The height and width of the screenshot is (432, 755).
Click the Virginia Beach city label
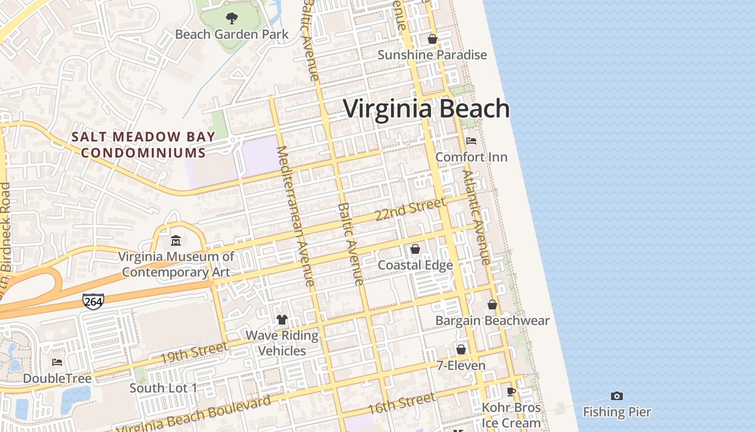(426, 109)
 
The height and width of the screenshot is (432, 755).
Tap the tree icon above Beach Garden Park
(232, 18)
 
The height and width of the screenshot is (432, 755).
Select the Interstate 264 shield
(93, 301)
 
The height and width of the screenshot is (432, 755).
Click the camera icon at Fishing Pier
(617, 396)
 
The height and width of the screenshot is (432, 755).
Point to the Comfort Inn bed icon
(471, 141)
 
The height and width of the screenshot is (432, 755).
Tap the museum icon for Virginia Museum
(176, 240)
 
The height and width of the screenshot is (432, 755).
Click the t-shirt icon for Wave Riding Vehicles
(282, 319)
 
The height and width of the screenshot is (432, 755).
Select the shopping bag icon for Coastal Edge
(415, 249)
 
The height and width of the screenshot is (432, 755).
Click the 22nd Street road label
(410, 209)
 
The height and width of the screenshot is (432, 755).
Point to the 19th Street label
(194, 353)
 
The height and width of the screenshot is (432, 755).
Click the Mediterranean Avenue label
(295, 216)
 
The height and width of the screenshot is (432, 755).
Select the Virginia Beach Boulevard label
(194, 416)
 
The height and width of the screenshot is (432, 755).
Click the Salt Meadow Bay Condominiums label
(143, 145)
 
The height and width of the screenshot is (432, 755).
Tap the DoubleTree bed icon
(57, 362)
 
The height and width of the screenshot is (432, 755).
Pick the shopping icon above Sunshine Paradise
(432, 39)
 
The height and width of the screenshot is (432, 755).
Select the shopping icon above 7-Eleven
(461, 349)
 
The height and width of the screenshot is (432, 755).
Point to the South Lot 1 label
(163, 388)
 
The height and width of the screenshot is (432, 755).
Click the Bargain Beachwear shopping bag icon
(492, 305)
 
